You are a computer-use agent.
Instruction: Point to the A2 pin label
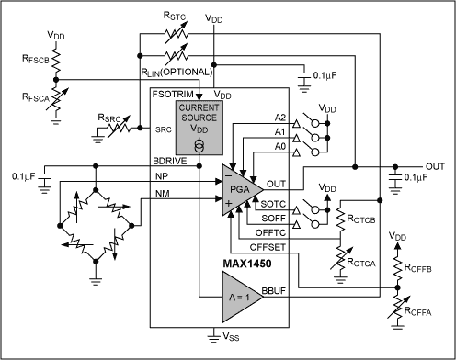click(x=279, y=118)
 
